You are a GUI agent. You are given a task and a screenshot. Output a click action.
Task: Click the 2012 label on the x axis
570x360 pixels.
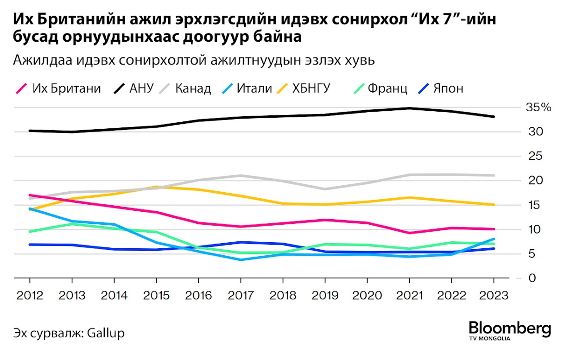tap(30, 295)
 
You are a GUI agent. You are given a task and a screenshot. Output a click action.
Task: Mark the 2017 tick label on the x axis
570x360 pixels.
tap(241, 295)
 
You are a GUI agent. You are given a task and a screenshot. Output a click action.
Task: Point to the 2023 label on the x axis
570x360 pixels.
tap(494, 295)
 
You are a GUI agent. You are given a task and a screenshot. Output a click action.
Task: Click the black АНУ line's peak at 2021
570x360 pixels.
tap(409, 108)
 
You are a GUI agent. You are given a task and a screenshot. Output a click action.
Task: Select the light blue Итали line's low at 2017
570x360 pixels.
tap(241, 259)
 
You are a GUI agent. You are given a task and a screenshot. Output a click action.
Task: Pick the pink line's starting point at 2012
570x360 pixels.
tap(30, 195)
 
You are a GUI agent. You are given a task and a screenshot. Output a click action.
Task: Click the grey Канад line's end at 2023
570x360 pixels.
tap(494, 175)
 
